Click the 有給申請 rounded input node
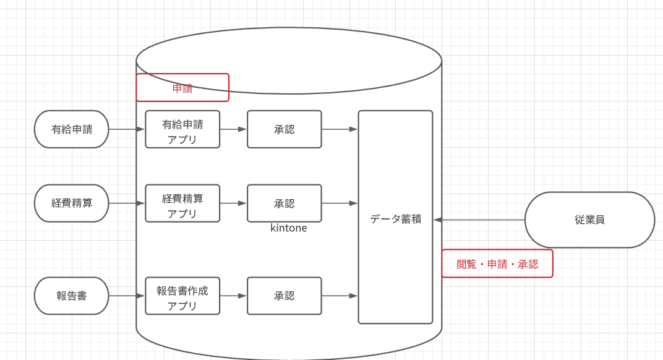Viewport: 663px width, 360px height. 71,129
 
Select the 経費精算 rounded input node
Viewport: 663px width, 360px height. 71,203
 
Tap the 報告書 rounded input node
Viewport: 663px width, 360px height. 71,296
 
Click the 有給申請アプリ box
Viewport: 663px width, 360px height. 182,129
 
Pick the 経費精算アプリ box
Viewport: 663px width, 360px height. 182,203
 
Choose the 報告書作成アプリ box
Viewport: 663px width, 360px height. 182,296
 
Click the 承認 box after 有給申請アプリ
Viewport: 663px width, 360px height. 284,129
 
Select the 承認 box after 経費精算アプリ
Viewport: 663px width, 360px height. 284,203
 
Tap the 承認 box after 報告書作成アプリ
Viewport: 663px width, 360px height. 284,296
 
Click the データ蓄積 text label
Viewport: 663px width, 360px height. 395,219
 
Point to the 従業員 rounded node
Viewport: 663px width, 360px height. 589,220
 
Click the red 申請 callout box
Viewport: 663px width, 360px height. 182,88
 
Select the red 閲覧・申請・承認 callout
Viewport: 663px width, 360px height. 497,264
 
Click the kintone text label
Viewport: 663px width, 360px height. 288,228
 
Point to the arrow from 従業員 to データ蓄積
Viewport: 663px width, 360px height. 479,220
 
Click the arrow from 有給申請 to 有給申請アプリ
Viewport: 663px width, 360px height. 127,129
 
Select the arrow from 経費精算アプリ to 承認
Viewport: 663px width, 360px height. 233,203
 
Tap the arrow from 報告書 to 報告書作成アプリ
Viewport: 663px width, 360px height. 127,296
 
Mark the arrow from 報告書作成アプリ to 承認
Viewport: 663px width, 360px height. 233,296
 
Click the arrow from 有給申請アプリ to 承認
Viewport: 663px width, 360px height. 233,129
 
